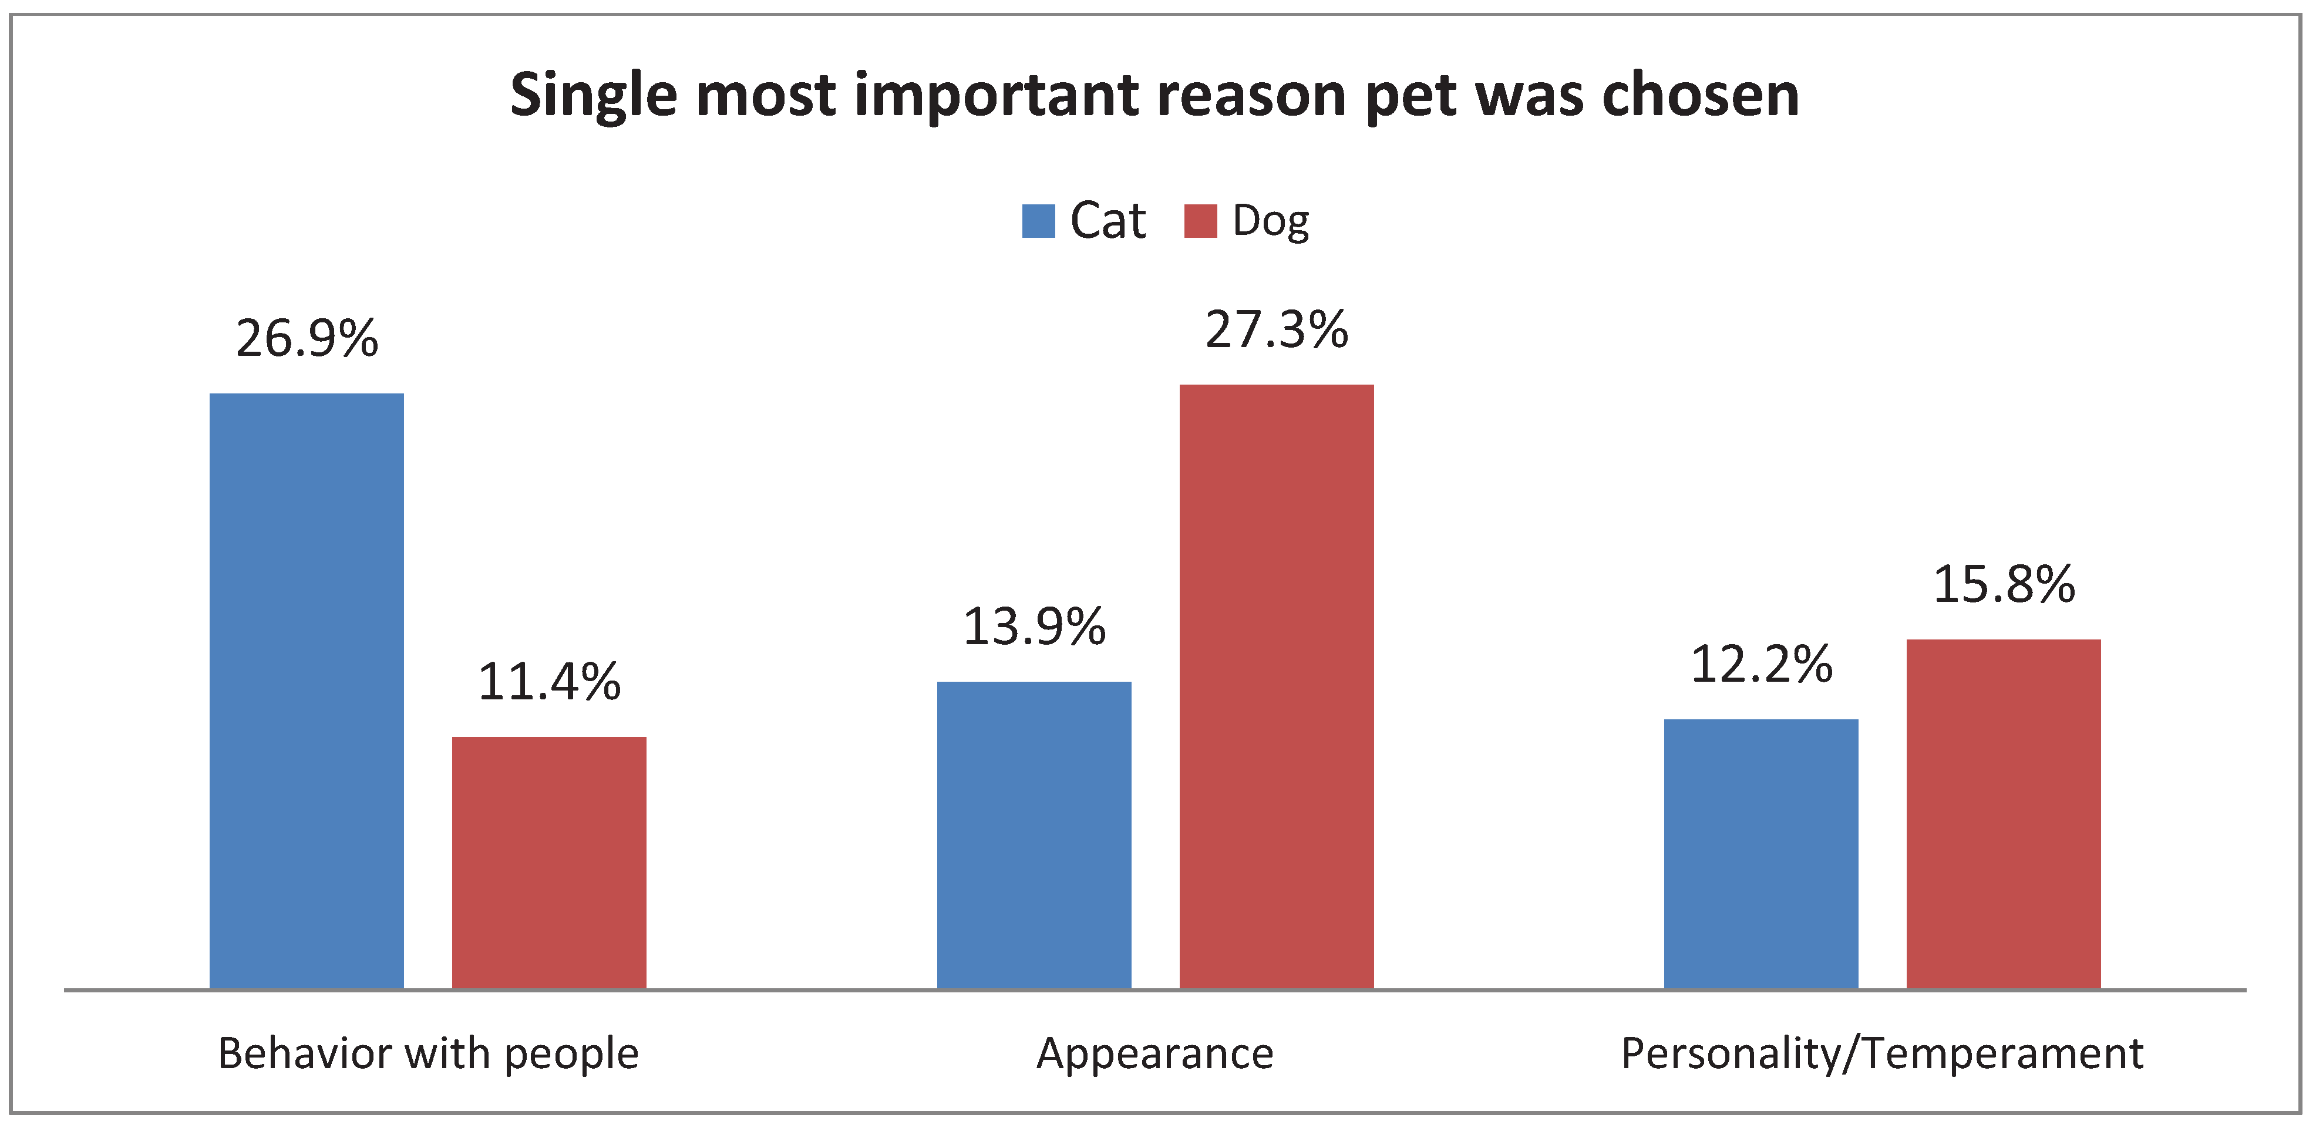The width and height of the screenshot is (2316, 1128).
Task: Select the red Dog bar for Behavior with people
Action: (548, 862)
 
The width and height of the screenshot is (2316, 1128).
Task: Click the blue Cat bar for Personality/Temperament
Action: (1760, 853)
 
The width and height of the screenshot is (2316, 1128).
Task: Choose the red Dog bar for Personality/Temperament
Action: (2003, 813)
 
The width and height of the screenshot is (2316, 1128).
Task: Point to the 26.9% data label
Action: (307, 339)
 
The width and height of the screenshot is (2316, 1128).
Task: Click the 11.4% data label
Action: (548, 681)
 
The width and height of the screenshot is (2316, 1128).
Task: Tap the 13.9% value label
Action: (1034, 627)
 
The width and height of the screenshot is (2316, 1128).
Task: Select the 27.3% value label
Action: (1276, 330)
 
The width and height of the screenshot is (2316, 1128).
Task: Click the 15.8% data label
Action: (2003, 584)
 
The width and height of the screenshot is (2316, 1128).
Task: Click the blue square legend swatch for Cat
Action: (1038, 221)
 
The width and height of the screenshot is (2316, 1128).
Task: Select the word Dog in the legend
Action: (1270, 221)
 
